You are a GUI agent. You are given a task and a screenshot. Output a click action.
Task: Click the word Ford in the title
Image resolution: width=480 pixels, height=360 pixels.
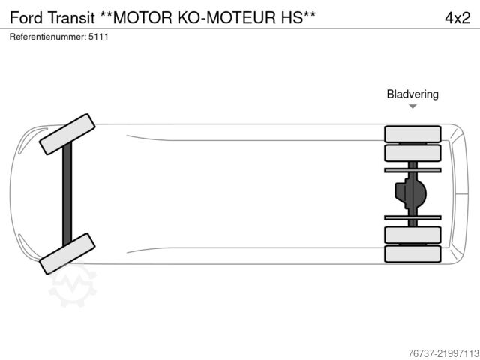tap(26, 18)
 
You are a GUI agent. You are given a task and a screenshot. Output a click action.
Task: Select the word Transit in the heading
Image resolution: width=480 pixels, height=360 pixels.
tap(71, 18)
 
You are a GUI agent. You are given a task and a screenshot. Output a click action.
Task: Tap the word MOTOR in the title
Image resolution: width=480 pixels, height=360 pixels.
tap(142, 18)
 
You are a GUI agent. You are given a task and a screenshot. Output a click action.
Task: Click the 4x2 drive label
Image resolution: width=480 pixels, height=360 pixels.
tap(457, 18)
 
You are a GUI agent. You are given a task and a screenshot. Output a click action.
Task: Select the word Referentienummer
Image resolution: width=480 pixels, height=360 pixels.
tap(47, 37)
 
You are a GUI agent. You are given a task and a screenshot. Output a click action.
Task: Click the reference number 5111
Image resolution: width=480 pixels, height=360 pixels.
tap(98, 37)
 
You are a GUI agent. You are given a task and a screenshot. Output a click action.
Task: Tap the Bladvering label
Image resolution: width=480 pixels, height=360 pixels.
tap(412, 94)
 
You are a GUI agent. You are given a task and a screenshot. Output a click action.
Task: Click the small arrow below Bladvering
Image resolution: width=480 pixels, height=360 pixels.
tap(412, 106)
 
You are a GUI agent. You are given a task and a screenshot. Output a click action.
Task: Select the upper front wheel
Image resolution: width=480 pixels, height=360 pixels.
tap(67, 134)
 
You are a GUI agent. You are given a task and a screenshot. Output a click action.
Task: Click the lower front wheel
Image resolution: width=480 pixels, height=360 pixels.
tap(67, 253)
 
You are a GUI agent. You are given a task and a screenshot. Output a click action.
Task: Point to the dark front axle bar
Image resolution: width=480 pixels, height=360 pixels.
tap(67, 194)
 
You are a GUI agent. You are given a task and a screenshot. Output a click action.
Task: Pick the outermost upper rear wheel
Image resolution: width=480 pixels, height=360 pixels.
tap(412, 134)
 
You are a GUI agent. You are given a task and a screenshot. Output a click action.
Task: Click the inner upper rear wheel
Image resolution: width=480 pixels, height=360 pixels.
tap(412, 153)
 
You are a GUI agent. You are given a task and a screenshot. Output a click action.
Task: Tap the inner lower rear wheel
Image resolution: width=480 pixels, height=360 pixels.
tap(412, 235)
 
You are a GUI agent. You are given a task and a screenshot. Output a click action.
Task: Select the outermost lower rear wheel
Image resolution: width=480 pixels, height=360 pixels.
tap(412, 253)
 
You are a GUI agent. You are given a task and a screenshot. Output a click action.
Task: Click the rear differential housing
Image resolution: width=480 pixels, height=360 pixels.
tap(410, 193)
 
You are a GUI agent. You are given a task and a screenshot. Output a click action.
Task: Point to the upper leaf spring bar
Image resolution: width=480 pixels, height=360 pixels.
tap(412, 170)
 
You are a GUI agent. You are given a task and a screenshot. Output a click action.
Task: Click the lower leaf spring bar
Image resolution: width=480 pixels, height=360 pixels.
tap(412, 217)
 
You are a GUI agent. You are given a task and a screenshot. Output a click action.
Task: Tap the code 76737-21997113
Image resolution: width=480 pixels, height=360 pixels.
tap(443, 353)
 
